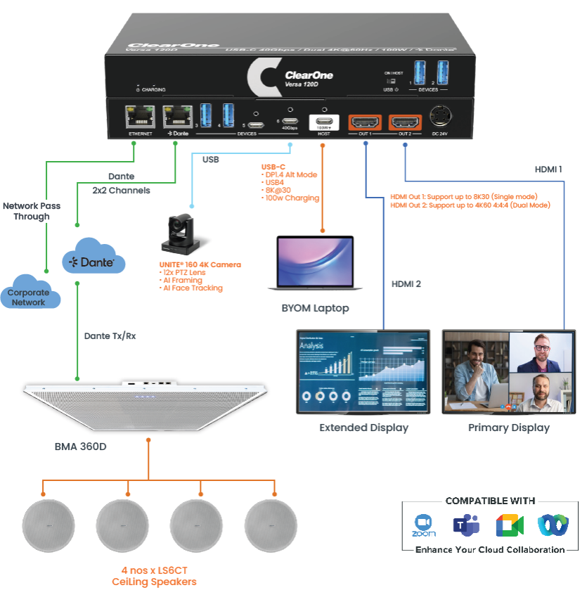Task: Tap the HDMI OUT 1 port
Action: (x=366, y=120)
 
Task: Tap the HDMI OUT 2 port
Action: (x=405, y=120)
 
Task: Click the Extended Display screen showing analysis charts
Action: (x=363, y=371)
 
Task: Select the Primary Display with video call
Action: (x=508, y=371)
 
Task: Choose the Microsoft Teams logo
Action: (x=466, y=525)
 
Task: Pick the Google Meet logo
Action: (x=509, y=525)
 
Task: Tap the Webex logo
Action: (x=551, y=525)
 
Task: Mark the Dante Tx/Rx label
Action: (x=110, y=336)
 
